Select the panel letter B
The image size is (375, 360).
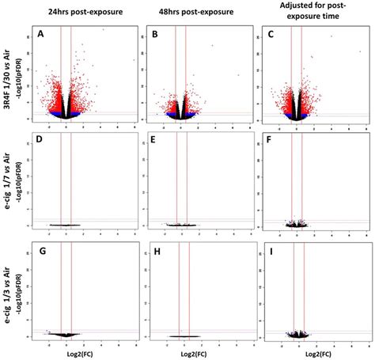pos(155,35)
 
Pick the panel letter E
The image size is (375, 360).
pos(155,142)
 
